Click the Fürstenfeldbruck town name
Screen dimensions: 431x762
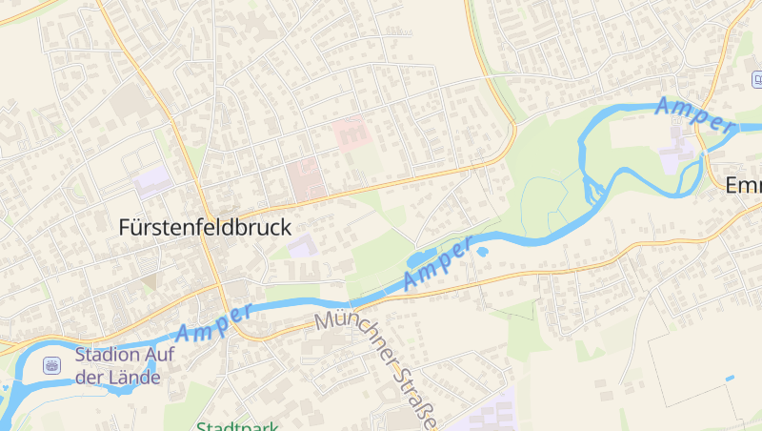[x=205, y=227]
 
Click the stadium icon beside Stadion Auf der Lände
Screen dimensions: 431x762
[x=50, y=365]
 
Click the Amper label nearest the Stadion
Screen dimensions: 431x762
[x=214, y=322]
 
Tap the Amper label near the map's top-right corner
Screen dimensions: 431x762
[x=694, y=113]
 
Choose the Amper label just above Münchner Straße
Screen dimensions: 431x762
[x=437, y=264]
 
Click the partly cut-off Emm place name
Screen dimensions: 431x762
[x=743, y=185]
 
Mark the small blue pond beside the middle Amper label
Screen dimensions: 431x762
[x=482, y=253]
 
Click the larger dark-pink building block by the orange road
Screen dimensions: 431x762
[x=305, y=180]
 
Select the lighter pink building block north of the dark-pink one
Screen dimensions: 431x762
[x=350, y=133]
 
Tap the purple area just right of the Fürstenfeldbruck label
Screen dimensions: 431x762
[x=302, y=246]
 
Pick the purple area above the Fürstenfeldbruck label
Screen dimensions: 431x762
[x=152, y=181]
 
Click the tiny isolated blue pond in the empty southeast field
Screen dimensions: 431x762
[x=730, y=379]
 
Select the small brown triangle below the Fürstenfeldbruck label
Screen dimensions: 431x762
[x=149, y=281]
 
